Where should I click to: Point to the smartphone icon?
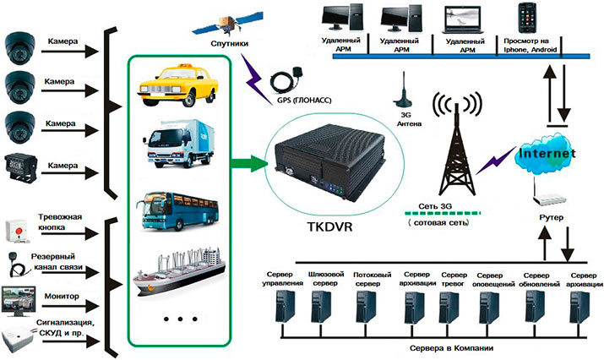536,18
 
